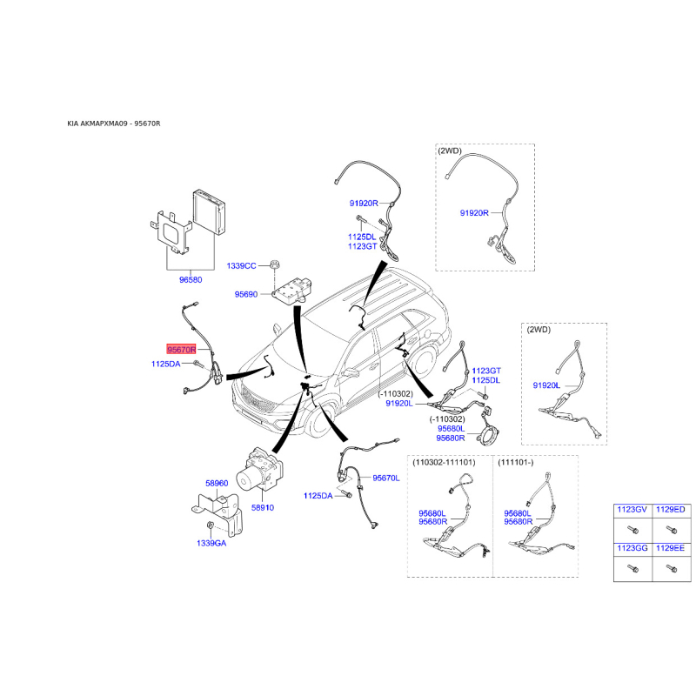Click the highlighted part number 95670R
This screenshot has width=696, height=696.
[181, 350]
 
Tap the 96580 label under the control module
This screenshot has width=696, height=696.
[191, 279]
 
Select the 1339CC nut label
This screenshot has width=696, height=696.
[241, 266]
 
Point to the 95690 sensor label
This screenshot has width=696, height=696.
[246, 294]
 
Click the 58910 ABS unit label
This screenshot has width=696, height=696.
[263, 507]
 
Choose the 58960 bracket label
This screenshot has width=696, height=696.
[217, 484]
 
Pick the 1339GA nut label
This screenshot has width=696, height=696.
[211, 543]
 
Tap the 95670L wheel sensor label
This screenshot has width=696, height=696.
[385, 478]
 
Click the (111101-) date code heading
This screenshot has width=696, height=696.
[515, 463]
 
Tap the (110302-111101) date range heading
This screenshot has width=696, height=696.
[444, 463]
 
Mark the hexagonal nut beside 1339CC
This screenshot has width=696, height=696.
[275, 265]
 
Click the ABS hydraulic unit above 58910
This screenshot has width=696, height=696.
[260, 470]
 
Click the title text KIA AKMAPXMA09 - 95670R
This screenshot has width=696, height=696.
[114, 124]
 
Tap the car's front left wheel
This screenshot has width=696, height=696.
[320, 421]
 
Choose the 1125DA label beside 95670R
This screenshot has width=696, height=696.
[165, 364]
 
